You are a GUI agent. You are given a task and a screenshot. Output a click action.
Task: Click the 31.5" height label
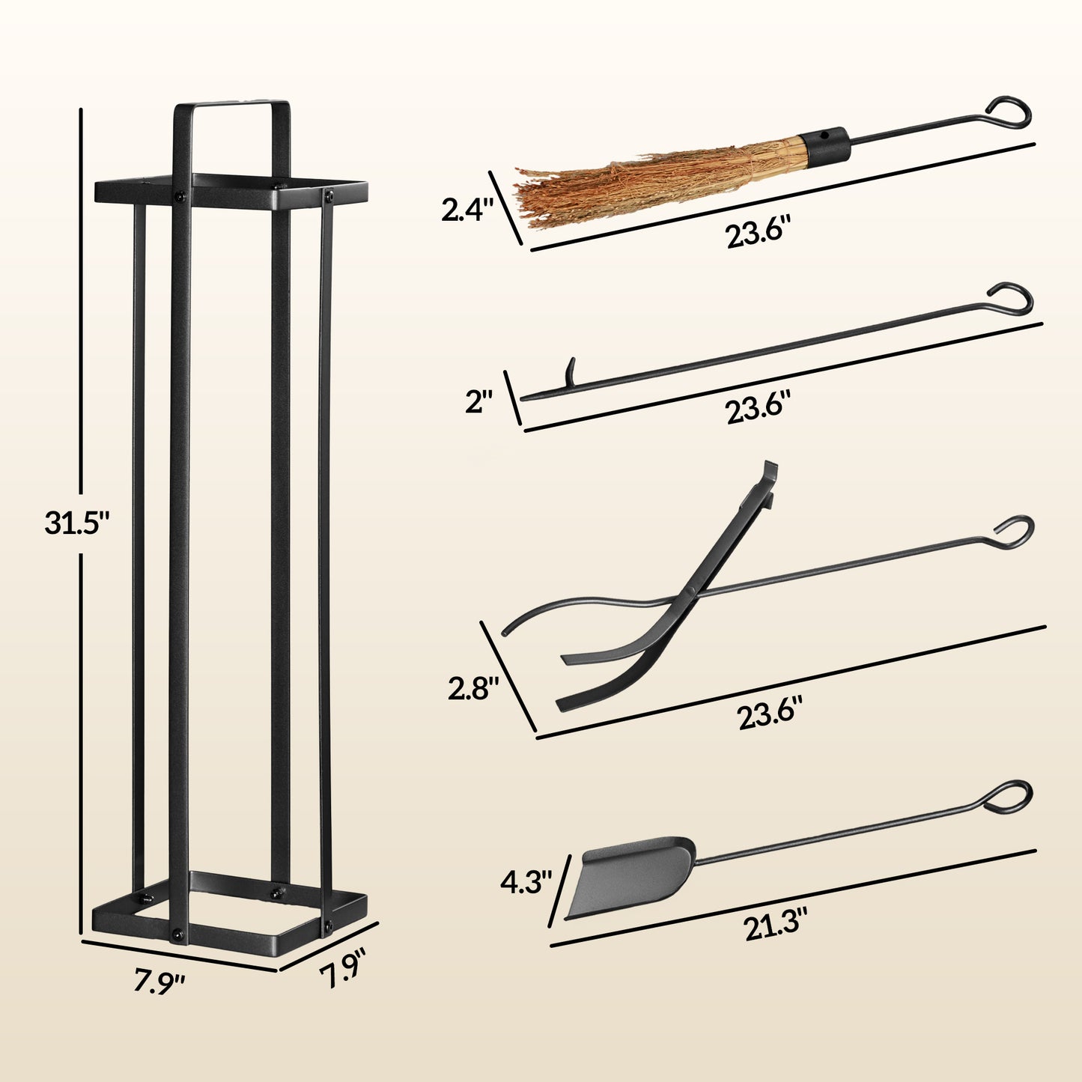(x=77, y=523)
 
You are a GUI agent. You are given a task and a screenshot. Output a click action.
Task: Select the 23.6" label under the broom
(x=758, y=234)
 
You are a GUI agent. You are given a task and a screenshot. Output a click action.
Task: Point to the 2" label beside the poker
(x=479, y=403)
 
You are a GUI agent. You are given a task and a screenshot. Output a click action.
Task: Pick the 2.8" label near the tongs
(x=473, y=688)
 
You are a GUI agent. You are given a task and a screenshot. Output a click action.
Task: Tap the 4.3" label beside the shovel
(x=526, y=882)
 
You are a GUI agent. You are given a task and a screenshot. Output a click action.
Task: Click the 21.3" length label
(x=776, y=928)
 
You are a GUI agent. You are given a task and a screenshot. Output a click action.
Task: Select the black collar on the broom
(x=824, y=145)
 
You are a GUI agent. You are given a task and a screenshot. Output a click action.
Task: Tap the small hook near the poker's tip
(x=571, y=371)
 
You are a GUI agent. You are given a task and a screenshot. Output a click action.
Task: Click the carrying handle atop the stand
(x=231, y=107)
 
